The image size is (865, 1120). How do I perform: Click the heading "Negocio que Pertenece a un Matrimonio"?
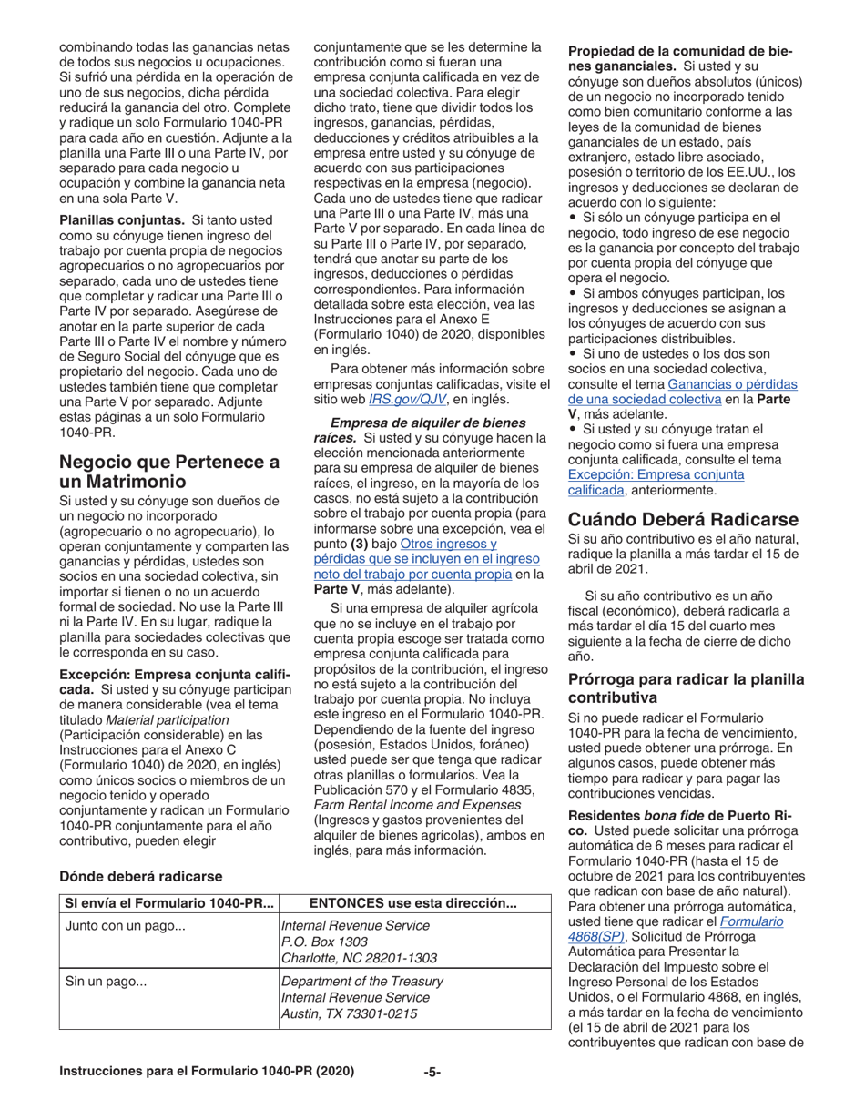[x=168, y=471]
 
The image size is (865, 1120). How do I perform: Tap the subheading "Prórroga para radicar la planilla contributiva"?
[x=686, y=689]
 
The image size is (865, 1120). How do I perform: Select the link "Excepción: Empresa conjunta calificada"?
[x=656, y=482]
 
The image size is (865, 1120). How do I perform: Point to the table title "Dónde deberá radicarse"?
[x=142, y=876]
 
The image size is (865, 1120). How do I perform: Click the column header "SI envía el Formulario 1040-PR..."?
[x=168, y=903]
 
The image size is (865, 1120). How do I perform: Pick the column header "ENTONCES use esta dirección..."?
[x=413, y=903]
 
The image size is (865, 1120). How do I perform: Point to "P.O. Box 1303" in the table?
[x=323, y=942]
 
